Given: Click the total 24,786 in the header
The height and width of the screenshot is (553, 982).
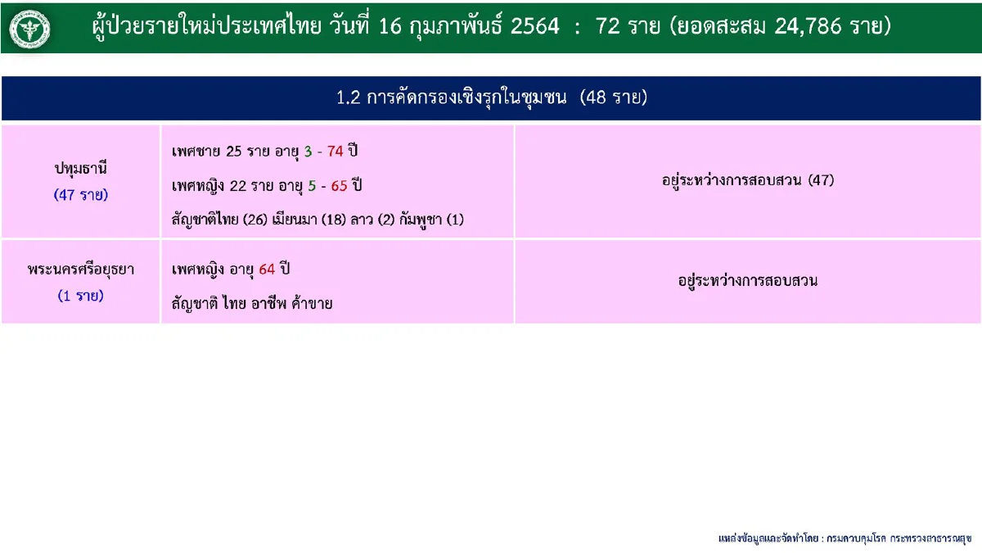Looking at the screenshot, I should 807,26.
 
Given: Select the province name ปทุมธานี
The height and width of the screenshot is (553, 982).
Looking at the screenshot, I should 81,170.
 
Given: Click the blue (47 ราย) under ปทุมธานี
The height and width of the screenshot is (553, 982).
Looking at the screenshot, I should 81,195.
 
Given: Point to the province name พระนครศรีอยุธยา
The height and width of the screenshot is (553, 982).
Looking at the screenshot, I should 81,270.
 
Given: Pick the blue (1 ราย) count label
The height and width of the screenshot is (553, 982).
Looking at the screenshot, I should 81,296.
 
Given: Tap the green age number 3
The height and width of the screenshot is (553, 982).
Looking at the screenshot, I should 308,152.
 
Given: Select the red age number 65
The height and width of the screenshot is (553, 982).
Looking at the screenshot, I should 339,186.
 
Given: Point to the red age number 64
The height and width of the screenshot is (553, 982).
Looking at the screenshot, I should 266,270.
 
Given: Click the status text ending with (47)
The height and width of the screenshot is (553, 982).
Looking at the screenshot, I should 748,180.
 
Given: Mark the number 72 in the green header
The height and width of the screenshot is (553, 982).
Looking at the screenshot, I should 608,26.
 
